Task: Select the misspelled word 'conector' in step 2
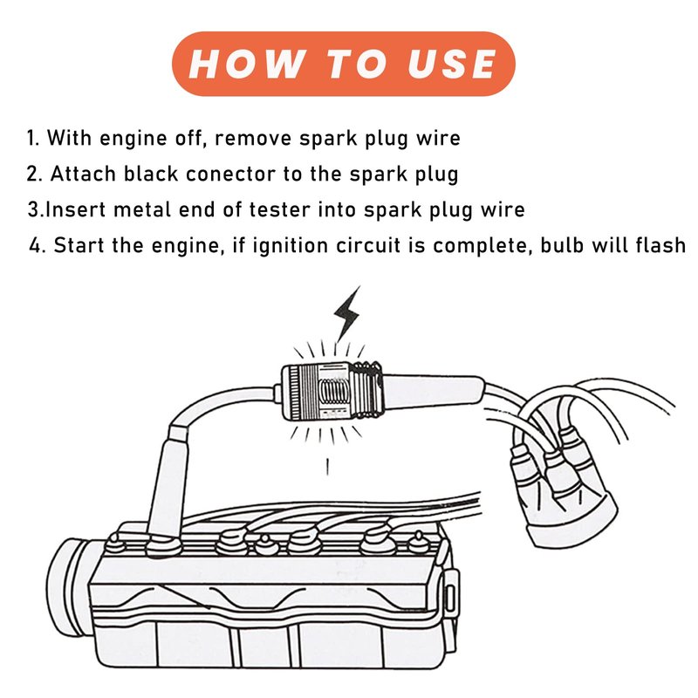pyautogui.click(x=237, y=174)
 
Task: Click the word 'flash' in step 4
pyautogui.click(x=660, y=245)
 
